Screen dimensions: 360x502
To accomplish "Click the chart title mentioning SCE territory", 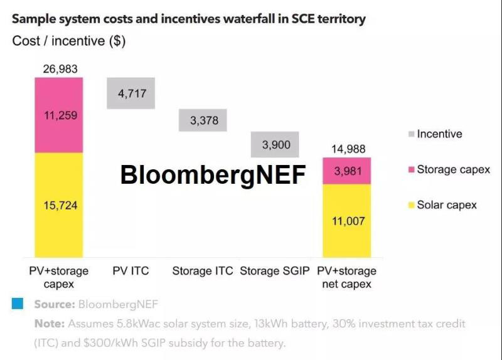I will coord(188,18).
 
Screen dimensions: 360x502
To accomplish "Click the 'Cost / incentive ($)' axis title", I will coord(69,41).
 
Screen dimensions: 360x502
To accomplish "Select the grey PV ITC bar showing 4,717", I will coord(131,93).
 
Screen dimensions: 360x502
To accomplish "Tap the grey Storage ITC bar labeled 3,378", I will coord(203,120).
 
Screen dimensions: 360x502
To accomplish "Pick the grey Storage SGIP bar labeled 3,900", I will coord(275,144).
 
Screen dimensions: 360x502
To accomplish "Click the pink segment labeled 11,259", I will coord(59,115).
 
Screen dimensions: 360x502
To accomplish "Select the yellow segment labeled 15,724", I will coord(59,205).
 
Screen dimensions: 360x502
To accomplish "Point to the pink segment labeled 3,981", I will coord(347,171).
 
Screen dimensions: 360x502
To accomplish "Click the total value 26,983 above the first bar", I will coord(60,69).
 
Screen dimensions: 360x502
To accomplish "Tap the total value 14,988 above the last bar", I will coord(347,149).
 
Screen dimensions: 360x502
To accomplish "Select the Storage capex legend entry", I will coord(448,169).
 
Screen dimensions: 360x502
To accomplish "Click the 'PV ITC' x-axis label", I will coord(131,272).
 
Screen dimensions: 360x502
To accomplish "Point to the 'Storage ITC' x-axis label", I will coord(203,272).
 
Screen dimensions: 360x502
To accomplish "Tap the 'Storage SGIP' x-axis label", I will coord(275,272).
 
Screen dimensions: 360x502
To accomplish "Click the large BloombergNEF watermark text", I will coord(213,175).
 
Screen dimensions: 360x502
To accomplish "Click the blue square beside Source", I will coord(18,304).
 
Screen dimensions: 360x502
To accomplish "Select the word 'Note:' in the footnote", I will coord(49,324).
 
